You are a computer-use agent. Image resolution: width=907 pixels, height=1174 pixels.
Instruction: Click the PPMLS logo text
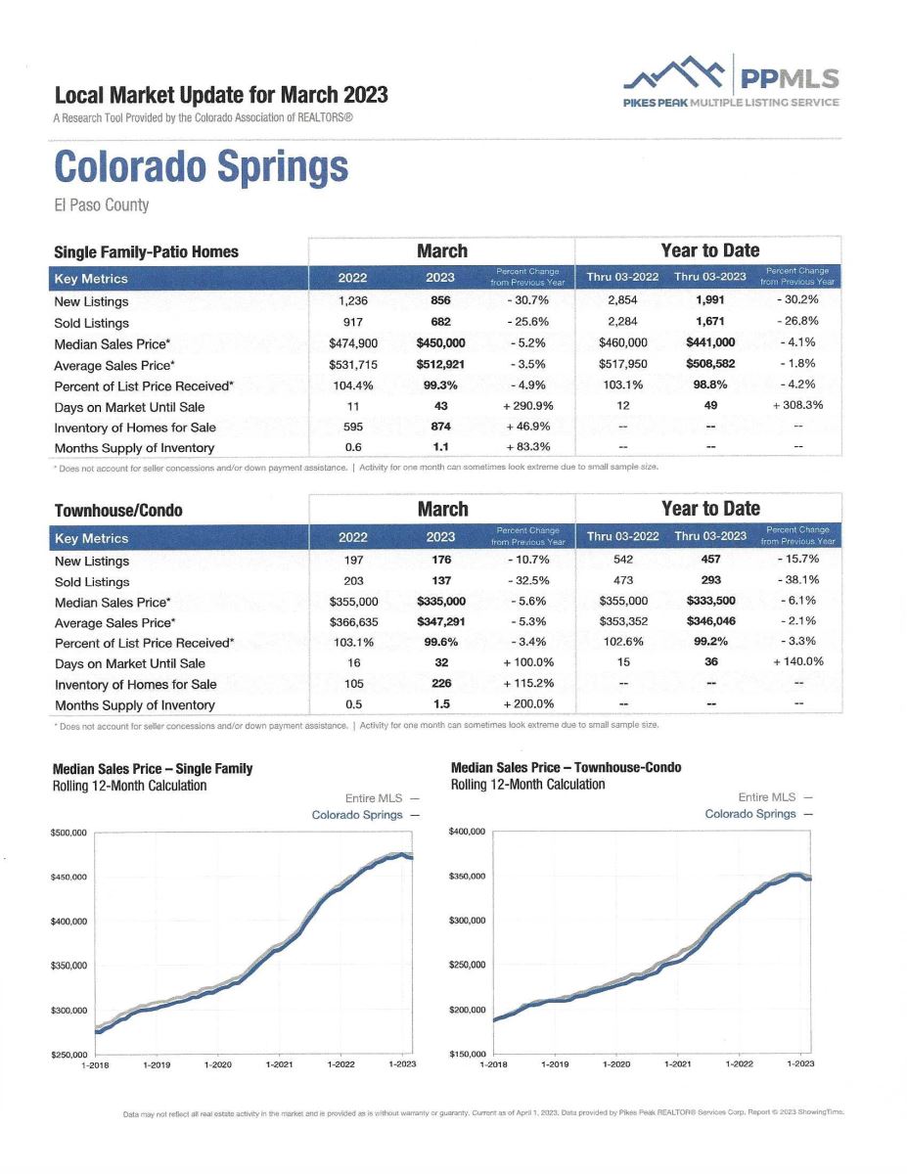790,78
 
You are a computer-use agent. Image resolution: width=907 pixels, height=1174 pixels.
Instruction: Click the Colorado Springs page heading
202,167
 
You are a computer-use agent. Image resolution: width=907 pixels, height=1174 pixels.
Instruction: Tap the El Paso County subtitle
102,205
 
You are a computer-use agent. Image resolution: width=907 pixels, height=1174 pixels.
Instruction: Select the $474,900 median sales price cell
353,343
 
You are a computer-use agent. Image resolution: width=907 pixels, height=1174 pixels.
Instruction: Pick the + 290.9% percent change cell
527,406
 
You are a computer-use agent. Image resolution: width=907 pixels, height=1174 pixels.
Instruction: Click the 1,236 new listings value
353,301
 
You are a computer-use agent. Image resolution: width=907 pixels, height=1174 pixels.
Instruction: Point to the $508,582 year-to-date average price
710,364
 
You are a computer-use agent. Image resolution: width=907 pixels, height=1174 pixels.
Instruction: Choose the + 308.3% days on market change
797,405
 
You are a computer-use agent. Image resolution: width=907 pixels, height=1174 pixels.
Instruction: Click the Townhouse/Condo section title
118,511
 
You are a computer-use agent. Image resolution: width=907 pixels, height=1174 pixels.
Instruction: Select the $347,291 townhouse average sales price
441,622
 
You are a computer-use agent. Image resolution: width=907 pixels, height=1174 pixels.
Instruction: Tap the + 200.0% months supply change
528,704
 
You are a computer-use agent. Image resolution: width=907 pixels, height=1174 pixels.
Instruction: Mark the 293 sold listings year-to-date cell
711,580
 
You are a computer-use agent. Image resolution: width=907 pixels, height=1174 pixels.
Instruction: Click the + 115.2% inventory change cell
528,683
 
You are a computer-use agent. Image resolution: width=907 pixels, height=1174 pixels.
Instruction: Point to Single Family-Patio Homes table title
146,252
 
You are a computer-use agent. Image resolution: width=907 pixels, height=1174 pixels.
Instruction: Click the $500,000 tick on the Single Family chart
68,834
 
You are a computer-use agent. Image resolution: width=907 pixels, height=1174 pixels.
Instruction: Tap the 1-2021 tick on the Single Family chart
279,1064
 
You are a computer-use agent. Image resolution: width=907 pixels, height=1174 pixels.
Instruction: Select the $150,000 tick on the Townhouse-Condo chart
468,1054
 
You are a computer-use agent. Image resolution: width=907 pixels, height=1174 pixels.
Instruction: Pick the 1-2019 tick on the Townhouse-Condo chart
555,1063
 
